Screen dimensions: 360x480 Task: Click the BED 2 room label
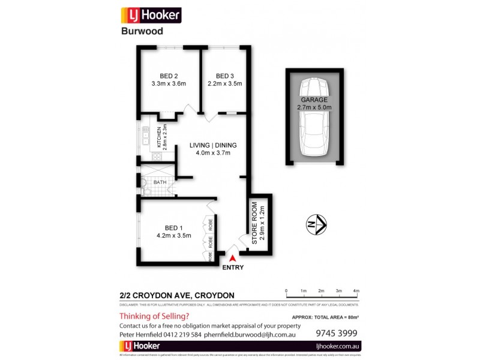point(169,76)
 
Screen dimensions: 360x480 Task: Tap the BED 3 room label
point(224,76)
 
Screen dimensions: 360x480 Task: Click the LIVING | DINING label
point(213,145)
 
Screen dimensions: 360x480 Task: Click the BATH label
point(160,182)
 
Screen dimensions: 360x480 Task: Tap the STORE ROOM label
point(254,222)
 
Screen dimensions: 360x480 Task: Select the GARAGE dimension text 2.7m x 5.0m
point(314,107)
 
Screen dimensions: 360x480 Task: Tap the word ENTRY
point(233,268)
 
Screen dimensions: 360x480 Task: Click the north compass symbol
point(316,225)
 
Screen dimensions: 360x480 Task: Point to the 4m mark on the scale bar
point(356,290)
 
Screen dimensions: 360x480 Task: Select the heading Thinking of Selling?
point(154,316)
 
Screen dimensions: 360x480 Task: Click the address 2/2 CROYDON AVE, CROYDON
point(177,295)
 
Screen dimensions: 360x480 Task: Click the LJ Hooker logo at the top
point(151,14)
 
